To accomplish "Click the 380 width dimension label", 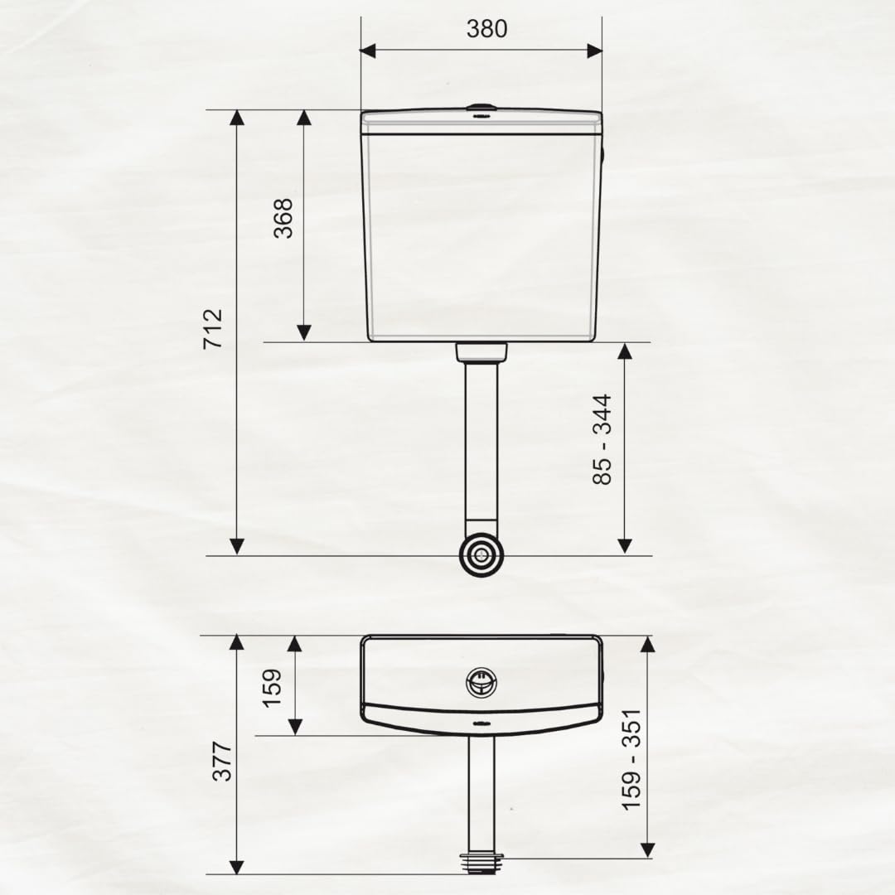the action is coord(486,28).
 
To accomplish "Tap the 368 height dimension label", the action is coord(283,218).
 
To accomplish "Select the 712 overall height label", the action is coord(213,329).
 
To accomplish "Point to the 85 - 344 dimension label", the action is coord(602,439).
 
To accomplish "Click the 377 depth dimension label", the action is coord(222,761).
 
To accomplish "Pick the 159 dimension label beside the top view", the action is coord(272,688).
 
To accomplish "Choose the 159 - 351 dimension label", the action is coord(631,759).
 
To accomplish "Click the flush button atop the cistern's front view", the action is coord(481,107).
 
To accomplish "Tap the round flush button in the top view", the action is coord(481,683).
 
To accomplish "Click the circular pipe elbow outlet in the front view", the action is coord(482,554).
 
